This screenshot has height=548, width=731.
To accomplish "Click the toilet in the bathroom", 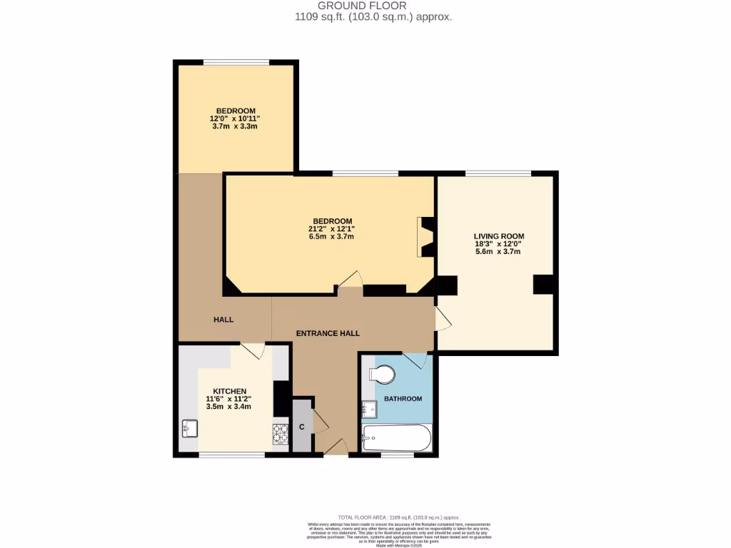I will pos(382,374).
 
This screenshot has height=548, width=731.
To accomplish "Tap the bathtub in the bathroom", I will pos(396,437).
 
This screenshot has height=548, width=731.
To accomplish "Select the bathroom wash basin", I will pos(369,410).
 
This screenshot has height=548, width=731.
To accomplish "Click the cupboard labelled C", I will pos(302,427).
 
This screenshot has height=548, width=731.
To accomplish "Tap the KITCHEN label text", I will pos(229,391).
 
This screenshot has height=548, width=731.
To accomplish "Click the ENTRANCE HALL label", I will pos(328,333).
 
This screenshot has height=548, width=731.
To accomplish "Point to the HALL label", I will pos(223,320).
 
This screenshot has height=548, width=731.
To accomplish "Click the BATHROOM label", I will pos(403,398).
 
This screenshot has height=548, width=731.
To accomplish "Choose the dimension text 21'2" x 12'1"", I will pos(331,228).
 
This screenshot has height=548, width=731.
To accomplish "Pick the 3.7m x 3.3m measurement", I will pos(234,126).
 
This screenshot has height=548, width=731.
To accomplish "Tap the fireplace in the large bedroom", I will pos(425,236).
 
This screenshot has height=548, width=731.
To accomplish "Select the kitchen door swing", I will pos(253,350).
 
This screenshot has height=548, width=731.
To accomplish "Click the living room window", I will pos(498,173).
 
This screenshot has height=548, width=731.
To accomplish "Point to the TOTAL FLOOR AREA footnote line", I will pos(399,516).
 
